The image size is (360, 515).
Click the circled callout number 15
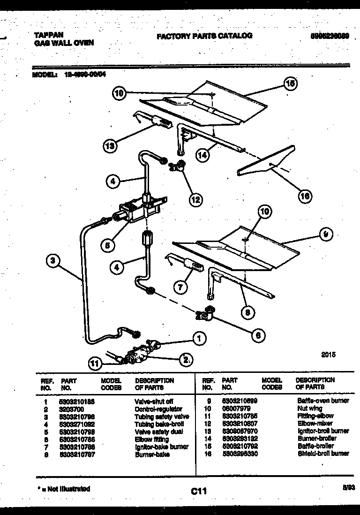pos(290,84)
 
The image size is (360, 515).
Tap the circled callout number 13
pos(110,146)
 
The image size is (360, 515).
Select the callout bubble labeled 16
pos(305,197)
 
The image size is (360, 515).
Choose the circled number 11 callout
pos(96,362)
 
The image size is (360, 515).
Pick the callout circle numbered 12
pos(196,199)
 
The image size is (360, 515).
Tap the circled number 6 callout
pos(257,335)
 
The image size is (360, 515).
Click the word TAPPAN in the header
pos(49,35)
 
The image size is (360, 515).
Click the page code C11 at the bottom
pos(199,491)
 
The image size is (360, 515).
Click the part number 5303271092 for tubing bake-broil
pos(78,424)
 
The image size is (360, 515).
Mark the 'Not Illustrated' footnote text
pos(68,489)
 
